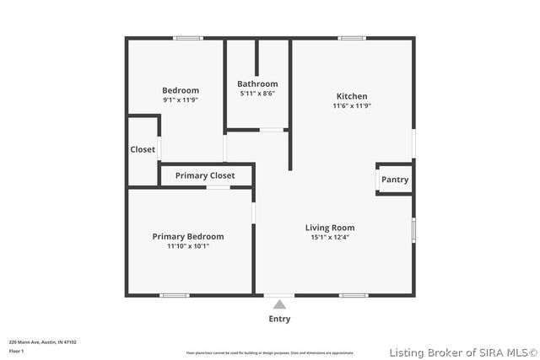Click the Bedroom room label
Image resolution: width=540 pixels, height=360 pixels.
coord(181,90)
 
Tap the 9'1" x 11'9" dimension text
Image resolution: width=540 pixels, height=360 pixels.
coord(181,100)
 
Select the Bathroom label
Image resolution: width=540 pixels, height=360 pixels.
coord(257,83)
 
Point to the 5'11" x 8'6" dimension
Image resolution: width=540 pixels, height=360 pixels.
coord(257,94)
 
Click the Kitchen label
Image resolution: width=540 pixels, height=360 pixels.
coord(352,96)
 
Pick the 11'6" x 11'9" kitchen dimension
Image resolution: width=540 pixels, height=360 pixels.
coord(352,106)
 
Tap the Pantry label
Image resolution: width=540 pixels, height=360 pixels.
coord(395,180)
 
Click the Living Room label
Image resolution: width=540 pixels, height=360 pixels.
coord(330,228)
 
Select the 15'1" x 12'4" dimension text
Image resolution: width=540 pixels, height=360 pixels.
coord(330,238)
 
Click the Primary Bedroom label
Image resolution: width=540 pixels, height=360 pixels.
coord(188,237)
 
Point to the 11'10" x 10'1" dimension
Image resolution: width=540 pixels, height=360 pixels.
coord(188,247)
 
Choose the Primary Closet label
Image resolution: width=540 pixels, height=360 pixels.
coord(205,175)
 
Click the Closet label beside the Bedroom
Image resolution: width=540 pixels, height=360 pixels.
coord(143,149)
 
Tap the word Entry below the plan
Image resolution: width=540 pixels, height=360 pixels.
coord(279,319)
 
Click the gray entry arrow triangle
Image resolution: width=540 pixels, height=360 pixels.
coord(279,304)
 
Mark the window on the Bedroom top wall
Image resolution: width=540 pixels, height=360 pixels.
coord(188,38)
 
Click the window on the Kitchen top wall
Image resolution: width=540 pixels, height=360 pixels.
coord(352,38)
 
